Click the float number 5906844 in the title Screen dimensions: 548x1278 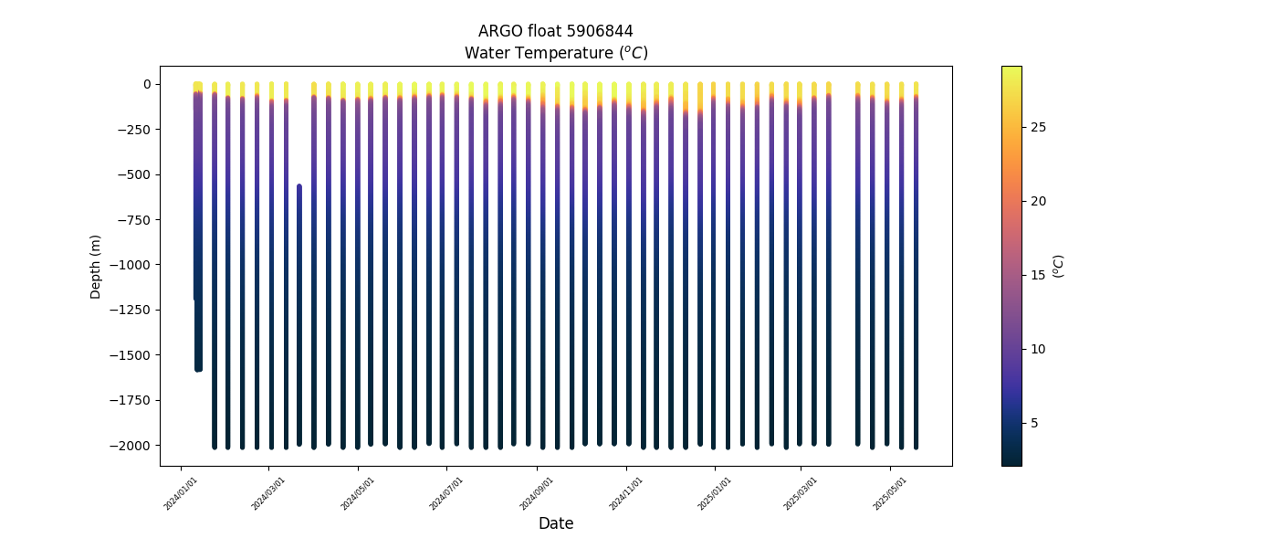599,31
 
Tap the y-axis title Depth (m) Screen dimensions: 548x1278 96,266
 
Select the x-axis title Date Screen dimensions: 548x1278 556,523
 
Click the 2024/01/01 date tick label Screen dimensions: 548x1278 182,492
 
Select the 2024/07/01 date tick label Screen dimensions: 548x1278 447,492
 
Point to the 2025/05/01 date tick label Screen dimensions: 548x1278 890,492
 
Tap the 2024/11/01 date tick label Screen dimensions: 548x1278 625,492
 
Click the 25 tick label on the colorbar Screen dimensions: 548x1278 1038,127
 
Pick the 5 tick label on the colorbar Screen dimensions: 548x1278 1034,423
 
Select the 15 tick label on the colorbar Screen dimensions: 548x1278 1038,275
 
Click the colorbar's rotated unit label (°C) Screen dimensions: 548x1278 1059,266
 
